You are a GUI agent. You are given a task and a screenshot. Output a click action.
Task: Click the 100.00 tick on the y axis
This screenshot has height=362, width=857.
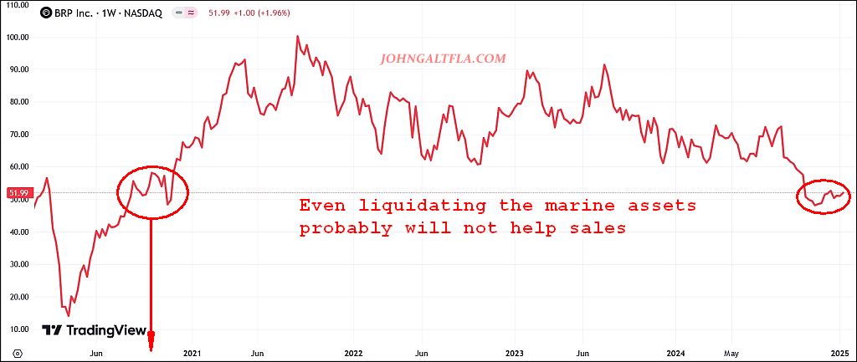[x=18, y=37]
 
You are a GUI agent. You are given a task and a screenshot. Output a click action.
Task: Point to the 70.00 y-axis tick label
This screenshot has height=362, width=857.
[x=18, y=134]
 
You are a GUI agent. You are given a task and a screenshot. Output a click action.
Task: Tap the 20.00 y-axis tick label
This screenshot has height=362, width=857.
[x=18, y=296]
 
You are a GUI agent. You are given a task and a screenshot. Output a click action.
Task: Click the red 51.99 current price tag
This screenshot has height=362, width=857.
[x=18, y=193]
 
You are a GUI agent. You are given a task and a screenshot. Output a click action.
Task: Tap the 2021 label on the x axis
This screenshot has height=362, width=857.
[x=192, y=353]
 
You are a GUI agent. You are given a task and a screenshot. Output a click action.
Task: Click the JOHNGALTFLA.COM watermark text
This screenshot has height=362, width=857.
[x=443, y=59]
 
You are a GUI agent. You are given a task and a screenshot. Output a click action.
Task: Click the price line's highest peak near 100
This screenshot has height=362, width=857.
[x=298, y=36]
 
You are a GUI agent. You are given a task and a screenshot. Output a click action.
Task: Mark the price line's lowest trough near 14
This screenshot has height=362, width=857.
[x=69, y=315]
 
